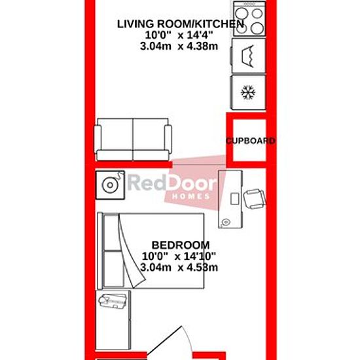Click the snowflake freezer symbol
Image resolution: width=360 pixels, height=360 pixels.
248,92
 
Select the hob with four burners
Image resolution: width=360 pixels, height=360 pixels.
249,18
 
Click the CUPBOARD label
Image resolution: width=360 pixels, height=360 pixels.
251,141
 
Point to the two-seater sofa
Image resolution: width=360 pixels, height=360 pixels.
133,139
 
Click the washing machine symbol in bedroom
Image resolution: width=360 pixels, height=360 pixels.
110,185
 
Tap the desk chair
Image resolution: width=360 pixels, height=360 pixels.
255,199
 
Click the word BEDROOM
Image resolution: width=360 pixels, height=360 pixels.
181,245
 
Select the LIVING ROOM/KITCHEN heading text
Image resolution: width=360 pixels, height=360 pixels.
181,24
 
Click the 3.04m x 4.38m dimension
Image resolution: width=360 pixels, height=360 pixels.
179,46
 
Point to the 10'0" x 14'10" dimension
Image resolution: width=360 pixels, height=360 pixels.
179,256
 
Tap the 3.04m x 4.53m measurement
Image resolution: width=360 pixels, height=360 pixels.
179,268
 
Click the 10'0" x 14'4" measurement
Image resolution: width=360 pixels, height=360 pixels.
179,35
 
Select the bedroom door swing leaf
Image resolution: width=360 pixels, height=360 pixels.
164,343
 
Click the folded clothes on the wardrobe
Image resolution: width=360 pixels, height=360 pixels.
113,301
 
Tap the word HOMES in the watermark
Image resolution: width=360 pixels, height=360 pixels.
191,196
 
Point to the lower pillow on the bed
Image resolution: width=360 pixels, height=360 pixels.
114,269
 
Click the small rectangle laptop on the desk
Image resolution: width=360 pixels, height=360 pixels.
234,199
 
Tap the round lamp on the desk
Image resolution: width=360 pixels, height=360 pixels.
226,222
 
